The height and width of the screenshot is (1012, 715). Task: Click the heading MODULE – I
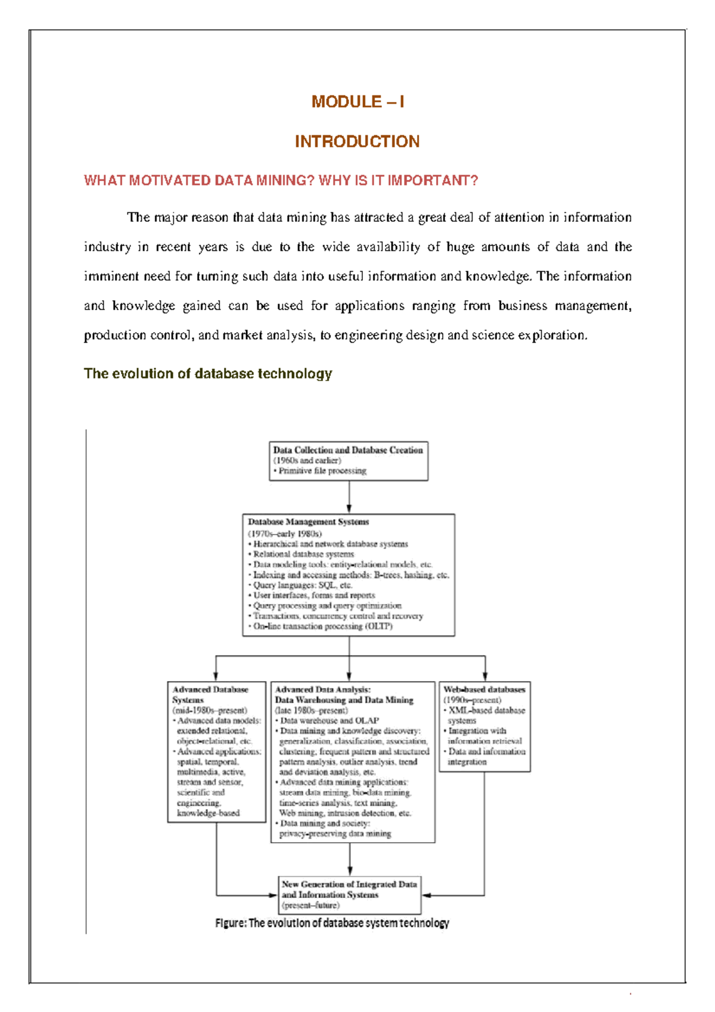tap(357, 102)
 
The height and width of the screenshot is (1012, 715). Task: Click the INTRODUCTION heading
tap(357, 142)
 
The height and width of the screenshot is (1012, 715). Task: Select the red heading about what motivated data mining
tap(281, 181)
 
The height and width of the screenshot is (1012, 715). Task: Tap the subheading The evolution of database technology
tap(207, 374)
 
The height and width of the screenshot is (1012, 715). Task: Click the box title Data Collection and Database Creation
tap(348, 450)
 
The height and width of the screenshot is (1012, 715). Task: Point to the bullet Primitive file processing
tap(322, 471)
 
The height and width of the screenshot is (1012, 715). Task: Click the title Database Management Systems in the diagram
tap(308, 522)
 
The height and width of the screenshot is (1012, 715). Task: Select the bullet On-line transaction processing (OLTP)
tap(322, 626)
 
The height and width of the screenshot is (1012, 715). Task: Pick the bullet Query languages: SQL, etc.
tap(302, 585)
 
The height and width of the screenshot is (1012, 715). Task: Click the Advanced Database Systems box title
tap(210, 694)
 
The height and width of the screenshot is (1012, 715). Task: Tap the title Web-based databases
tap(484, 690)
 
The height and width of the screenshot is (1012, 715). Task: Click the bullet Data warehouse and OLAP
tap(329, 721)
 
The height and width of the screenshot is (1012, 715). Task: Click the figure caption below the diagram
tap(332, 923)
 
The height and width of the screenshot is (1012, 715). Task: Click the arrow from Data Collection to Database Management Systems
tap(349, 497)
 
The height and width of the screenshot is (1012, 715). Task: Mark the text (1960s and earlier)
tap(307, 461)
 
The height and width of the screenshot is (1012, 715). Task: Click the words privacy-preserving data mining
tap(335, 834)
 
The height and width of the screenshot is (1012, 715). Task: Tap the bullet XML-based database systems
tap(486, 715)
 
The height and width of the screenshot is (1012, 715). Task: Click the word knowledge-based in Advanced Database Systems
tap(208, 813)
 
